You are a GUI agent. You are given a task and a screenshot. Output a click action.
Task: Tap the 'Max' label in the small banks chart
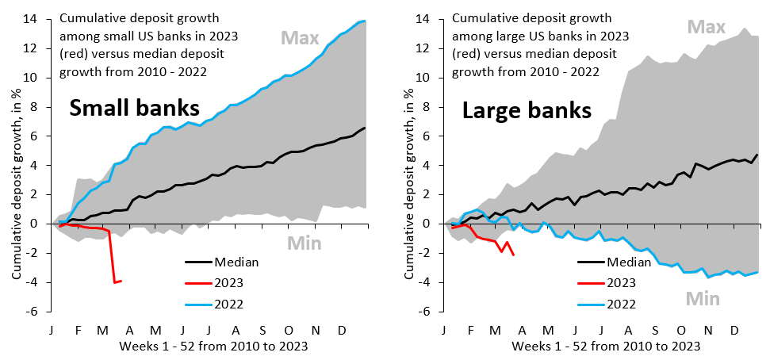point(300,37)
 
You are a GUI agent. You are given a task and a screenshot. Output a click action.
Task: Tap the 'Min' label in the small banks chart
point(304,243)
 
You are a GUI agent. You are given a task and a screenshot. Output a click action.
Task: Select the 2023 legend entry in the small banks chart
point(219,281)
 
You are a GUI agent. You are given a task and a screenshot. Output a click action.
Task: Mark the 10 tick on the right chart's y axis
point(429,78)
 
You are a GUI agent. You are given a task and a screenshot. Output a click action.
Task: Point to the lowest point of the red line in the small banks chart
point(114,282)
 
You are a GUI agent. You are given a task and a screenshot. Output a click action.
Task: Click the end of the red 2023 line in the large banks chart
point(514,255)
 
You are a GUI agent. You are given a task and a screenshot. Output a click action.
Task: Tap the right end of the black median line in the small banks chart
point(365,128)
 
